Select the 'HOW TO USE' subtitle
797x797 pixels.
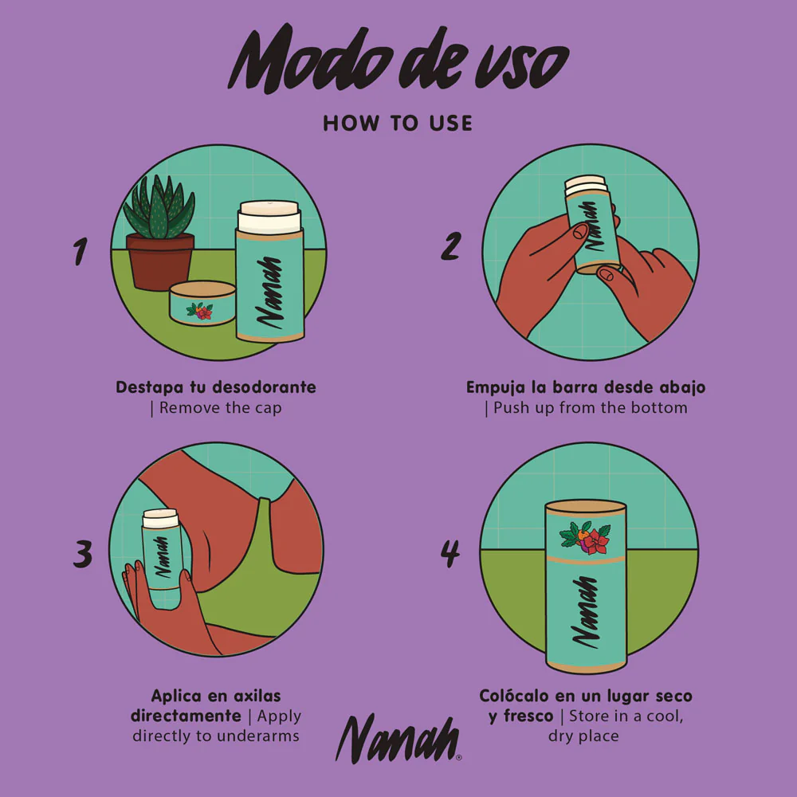pos(398,124)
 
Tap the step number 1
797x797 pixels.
pos(80,251)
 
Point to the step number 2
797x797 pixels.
pos(451,245)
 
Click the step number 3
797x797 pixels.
pos(82,554)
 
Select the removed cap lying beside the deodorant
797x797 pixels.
pos(202,304)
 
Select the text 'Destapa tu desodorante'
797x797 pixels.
pos(216,387)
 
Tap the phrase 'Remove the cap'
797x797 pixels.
pos(220,407)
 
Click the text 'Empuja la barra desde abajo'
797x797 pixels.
pos(586,387)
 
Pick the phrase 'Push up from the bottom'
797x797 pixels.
pos(590,407)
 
